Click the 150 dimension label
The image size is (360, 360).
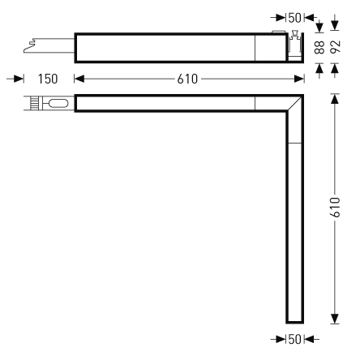pyautogui.click(x=48, y=79)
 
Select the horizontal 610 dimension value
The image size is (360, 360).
pyautogui.click(x=187, y=79)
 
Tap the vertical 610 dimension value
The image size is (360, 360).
pyautogui.click(x=335, y=208)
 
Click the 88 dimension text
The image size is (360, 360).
pyautogui.click(x=320, y=47)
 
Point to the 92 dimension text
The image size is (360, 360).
pyautogui.click(x=336, y=47)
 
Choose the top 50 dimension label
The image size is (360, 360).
pyautogui.click(x=294, y=18)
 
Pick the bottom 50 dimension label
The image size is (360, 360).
pyautogui.click(x=294, y=339)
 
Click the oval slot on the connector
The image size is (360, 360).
pyautogui.click(x=58, y=103)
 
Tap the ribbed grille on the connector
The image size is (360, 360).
pyautogui.click(x=33, y=103)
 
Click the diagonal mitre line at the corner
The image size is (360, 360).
pyautogui.click(x=294, y=103)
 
